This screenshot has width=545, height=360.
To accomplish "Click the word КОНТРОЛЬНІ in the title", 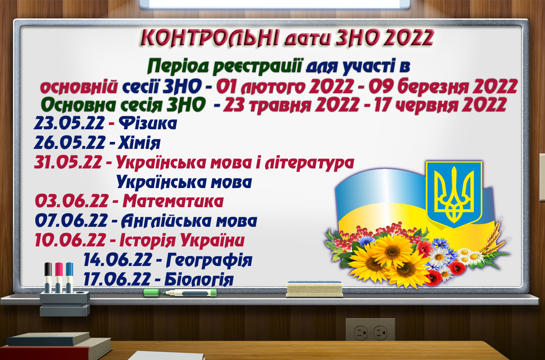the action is click(x=210, y=38).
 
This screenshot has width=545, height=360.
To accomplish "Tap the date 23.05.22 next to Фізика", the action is click(x=69, y=123).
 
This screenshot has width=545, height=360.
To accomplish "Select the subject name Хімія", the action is click(x=139, y=143).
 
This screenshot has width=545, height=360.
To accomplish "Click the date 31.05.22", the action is click(x=68, y=162).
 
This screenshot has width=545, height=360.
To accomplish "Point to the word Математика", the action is click(x=173, y=201).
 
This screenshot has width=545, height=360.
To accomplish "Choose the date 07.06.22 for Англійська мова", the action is click(x=71, y=221).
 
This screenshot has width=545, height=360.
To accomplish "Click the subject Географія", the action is click(x=209, y=260).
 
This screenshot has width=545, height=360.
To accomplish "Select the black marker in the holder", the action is click(x=48, y=277).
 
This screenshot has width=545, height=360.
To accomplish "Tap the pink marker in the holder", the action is click(x=59, y=277).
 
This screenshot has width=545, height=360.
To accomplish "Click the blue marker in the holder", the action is click(x=69, y=277).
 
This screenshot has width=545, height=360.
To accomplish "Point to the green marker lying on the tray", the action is click(x=180, y=293).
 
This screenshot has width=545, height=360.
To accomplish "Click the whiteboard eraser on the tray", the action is click(x=315, y=289).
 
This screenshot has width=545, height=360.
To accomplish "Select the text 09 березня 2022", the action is click(x=443, y=87).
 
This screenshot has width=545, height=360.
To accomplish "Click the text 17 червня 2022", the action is click(x=441, y=105).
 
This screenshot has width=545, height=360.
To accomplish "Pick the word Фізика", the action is click(x=148, y=123).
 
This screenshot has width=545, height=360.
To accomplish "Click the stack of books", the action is click(x=56, y=345).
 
